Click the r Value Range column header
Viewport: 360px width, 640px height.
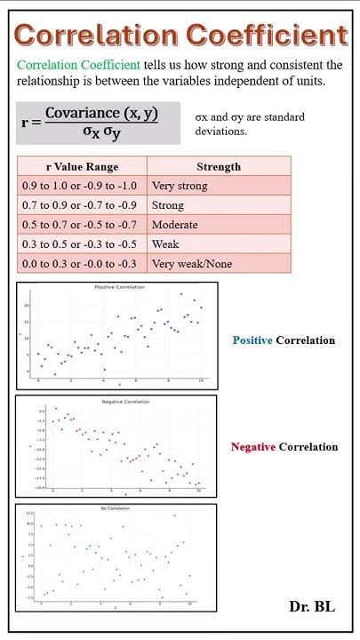pyautogui.click(x=82, y=166)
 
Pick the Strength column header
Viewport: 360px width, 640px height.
pyautogui.click(x=218, y=166)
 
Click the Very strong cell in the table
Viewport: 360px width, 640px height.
pyautogui.click(x=180, y=186)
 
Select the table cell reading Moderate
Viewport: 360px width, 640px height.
pyautogui.click(x=175, y=225)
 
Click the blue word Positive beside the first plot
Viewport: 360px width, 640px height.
pyautogui.click(x=252, y=340)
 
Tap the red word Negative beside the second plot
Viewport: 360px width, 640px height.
pyautogui.click(x=252, y=447)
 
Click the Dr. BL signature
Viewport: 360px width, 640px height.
pyautogui.click(x=312, y=606)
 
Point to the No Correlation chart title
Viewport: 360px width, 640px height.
pyautogui.click(x=115, y=508)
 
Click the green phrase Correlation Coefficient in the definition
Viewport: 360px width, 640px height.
pyautogui.click(x=78, y=65)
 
